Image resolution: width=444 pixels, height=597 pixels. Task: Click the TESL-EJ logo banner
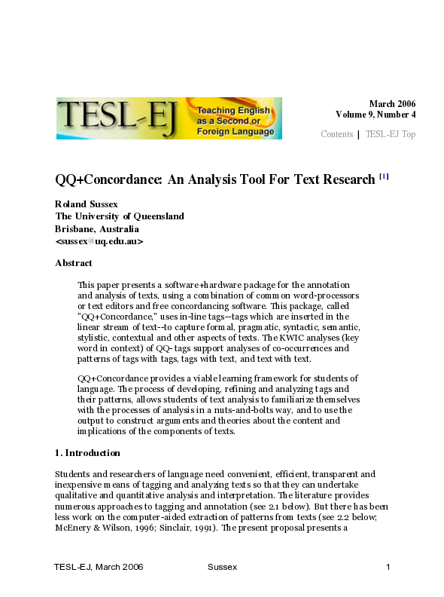(169, 118)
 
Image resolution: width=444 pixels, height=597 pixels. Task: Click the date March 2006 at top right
(392, 104)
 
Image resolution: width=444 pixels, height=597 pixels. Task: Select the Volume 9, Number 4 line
(376, 115)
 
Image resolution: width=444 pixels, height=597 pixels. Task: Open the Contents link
(336, 134)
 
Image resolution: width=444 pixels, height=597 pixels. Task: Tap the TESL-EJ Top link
(391, 134)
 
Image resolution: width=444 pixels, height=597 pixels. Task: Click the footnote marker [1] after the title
(384, 177)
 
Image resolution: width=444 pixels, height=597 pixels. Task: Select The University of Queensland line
(120, 216)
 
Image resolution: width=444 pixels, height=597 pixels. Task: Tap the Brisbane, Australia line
(97, 228)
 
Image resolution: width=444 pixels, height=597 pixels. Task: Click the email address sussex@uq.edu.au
(99, 241)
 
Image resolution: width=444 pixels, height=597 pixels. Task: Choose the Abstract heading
(74, 263)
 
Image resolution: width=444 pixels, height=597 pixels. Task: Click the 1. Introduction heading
(87, 453)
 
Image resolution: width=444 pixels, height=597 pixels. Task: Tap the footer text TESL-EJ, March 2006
(99, 567)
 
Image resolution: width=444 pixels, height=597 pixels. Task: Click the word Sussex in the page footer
(221, 567)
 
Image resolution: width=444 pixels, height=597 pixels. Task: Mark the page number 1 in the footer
(388, 567)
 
